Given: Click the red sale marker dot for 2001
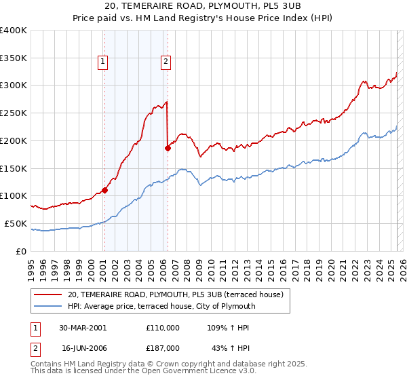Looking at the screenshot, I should (104, 190).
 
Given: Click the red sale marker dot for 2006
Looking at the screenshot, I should (167, 147).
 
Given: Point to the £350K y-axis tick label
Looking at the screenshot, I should (13, 58).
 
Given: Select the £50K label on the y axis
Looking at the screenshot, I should (16, 223).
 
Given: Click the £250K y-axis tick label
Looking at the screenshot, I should (13, 113).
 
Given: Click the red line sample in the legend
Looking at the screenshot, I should (48, 294).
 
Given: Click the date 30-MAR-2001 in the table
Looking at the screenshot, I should (83, 328).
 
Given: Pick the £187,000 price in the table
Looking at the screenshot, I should (163, 347).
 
